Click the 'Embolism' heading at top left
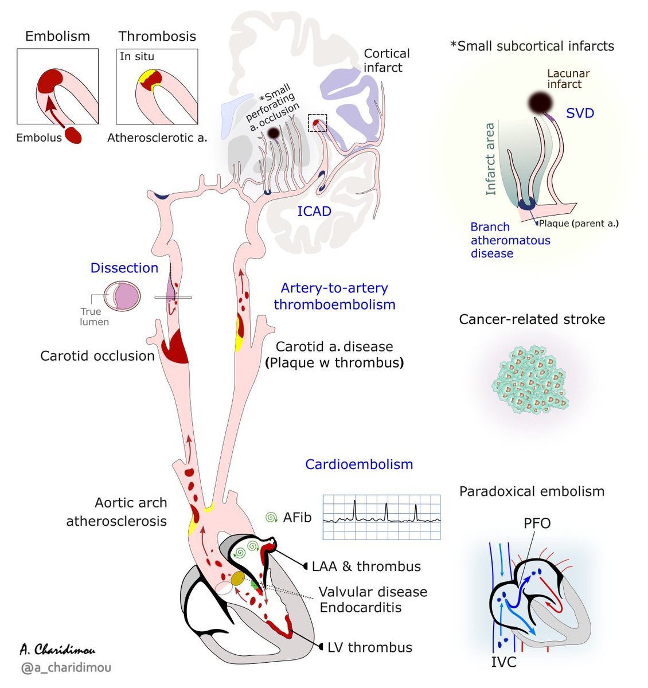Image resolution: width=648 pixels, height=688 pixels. [x=57, y=36]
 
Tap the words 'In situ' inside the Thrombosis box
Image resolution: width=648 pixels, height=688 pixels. [x=136, y=56]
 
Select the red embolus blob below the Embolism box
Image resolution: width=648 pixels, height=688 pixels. [x=73, y=136]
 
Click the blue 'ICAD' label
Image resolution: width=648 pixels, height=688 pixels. [x=314, y=212]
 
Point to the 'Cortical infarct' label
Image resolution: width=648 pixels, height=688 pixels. [x=387, y=60]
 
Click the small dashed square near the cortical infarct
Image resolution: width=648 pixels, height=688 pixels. [x=317, y=123]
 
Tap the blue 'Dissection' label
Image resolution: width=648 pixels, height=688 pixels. [x=124, y=268]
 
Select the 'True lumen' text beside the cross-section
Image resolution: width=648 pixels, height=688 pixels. [x=93, y=316]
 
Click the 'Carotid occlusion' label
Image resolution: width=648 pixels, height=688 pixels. [x=97, y=356]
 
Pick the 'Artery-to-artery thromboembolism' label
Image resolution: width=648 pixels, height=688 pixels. [x=334, y=296]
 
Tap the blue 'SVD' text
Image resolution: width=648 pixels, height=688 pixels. [x=580, y=113]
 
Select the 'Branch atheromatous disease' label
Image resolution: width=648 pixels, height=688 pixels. [x=510, y=240]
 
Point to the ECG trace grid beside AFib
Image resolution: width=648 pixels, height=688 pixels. [x=381, y=517]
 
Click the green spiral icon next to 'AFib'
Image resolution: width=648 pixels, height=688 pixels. [x=271, y=518]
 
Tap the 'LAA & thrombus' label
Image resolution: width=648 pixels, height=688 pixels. [x=366, y=566]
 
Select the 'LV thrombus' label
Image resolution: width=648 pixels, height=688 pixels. [x=369, y=647]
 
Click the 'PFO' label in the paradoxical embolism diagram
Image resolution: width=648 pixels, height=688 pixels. [x=537, y=523]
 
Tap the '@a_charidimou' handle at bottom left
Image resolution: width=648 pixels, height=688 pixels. [x=66, y=667]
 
